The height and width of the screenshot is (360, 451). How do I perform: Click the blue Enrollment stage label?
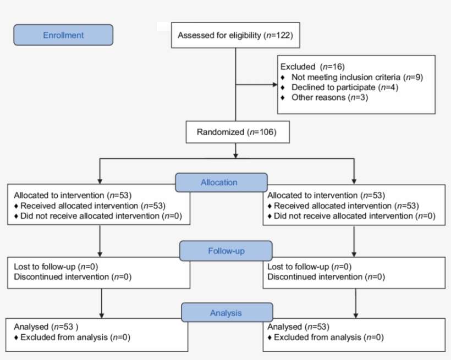coord(63,35)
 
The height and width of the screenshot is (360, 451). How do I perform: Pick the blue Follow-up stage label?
coord(226,251)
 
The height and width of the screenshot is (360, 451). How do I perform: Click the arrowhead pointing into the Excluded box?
coord(274,85)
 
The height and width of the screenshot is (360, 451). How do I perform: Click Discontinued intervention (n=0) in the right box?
coord(326,277)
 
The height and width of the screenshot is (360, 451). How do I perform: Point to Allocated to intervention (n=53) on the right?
coord(326,195)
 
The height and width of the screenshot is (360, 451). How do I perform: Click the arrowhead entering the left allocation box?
coord(100,181)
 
